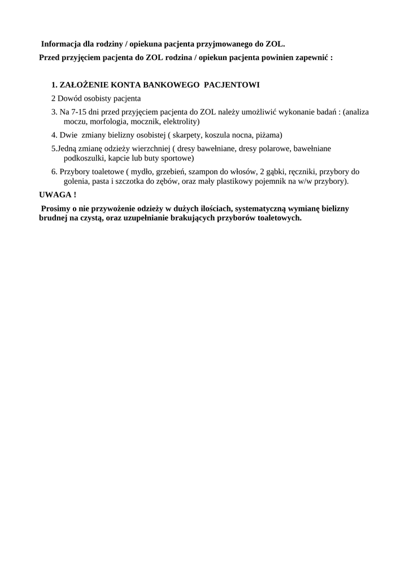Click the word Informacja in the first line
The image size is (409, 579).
(60, 44)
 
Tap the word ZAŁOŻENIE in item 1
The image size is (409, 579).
(84, 85)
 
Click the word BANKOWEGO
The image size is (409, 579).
(171, 85)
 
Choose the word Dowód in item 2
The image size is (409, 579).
(71, 98)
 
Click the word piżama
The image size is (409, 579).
(268, 135)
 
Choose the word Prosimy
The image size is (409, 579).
(55, 208)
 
